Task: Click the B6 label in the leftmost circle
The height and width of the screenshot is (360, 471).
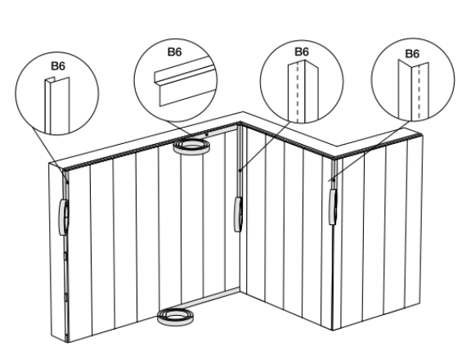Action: point(58,66)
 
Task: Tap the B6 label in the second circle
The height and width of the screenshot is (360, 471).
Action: point(174,52)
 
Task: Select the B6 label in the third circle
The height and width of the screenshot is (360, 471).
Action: point(302,52)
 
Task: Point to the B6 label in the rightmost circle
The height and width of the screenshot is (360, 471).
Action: point(412,53)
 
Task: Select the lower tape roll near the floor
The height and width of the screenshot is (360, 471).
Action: point(176,317)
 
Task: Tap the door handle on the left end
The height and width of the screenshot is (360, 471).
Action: point(64,217)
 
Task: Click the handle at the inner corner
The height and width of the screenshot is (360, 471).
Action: point(238,214)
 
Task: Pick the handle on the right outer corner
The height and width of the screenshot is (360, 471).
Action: point(333,206)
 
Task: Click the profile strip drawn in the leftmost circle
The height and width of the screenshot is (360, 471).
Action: point(57,106)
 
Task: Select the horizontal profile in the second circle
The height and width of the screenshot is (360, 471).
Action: point(186,81)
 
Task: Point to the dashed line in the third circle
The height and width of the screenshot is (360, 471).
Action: point(298,92)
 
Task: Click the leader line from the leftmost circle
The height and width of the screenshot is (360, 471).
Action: point(49,151)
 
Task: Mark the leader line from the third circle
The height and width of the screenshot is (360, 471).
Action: point(265,146)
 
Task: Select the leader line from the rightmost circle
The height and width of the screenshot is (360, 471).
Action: point(371,151)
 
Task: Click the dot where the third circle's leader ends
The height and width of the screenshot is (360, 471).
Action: point(240,170)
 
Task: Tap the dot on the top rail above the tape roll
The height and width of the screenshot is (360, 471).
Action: point(207,134)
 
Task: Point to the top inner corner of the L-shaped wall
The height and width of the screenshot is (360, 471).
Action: point(240,122)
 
